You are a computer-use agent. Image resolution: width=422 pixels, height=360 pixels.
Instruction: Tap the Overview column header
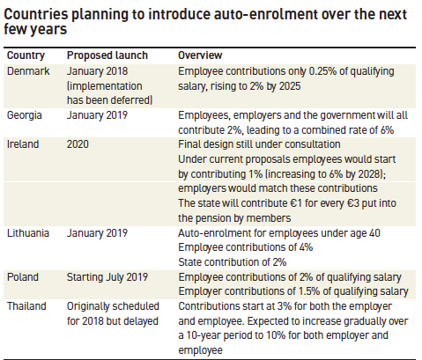click(199, 55)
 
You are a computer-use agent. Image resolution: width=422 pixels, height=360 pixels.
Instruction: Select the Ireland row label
click(22, 145)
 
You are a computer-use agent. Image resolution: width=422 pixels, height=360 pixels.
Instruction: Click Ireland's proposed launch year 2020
click(78, 145)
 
